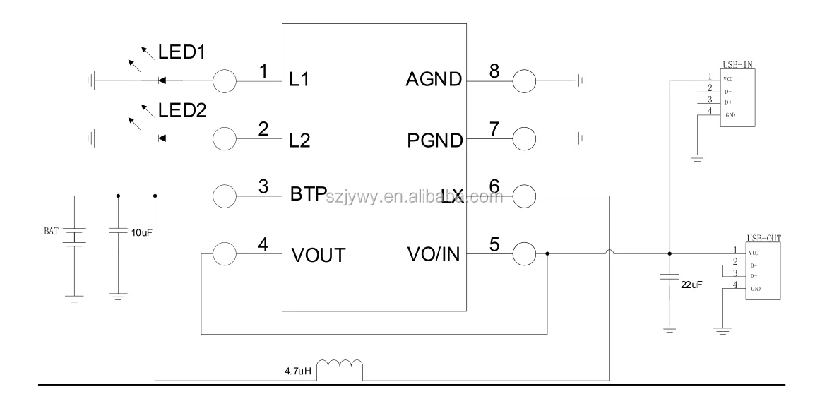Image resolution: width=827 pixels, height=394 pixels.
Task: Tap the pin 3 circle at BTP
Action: [225, 196]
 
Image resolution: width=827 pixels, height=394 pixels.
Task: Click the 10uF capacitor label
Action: [142, 232]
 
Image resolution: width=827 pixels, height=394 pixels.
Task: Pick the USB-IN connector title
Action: [737, 64]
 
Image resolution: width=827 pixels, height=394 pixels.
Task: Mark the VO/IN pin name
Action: [433, 253]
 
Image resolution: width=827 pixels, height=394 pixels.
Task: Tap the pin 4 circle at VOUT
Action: [225, 253]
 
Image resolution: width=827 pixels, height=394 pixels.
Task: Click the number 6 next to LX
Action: [494, 186]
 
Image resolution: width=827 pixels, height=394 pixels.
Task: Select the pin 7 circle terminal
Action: [524, 139]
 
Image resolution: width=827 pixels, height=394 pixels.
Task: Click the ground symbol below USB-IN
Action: [698, 157]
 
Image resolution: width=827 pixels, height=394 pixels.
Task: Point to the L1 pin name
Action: [300, 80]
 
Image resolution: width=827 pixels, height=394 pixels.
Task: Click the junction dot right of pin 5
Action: [548, 253]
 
